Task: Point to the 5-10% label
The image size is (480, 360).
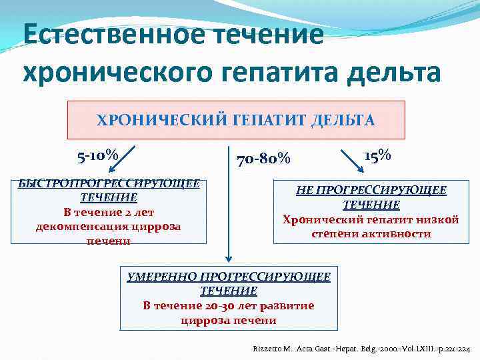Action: coord(97,157)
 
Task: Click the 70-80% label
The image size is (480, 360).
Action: coord(263,159)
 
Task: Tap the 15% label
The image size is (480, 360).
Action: coord(377,155)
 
